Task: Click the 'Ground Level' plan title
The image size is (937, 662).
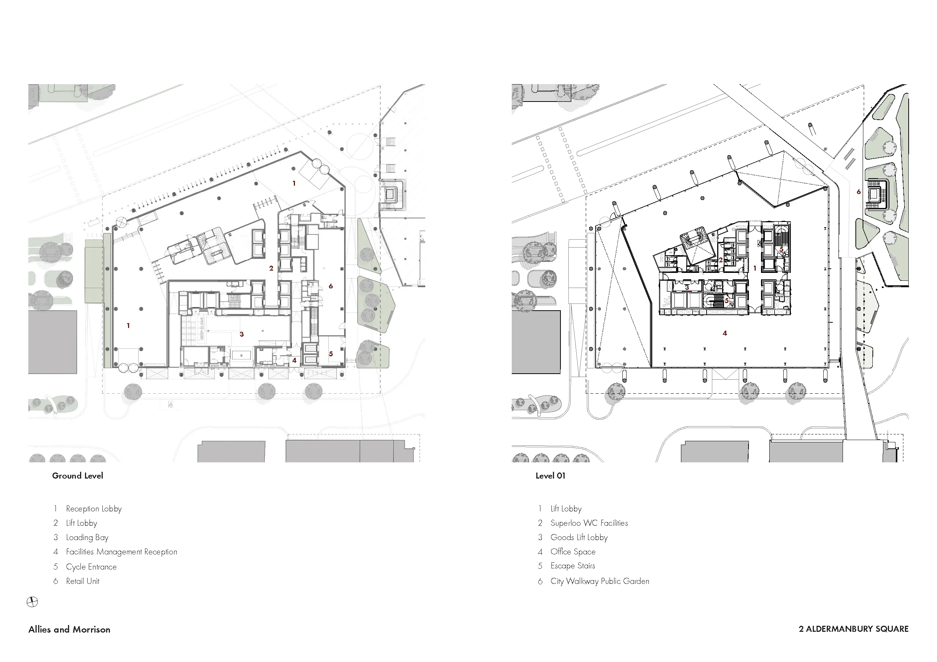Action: pyautogui.click(x=77, y=476)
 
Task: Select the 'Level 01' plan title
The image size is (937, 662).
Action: pyautogui.click(x=550, y=476)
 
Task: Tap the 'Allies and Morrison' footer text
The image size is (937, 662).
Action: pyautogui.click(x=69, y=630)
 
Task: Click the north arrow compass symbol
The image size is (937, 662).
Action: pyautogui.click(x=32, y=602)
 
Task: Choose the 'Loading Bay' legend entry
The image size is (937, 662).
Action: pyautogui.click(x=87, y=537)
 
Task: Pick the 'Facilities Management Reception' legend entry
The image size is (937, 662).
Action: pyautogui.click(x=122, y=552)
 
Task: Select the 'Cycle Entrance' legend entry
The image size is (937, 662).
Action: pyautogui.click(x=91, y=567)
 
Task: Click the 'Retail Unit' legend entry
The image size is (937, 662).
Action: pyautogui.click(x=83, y=581)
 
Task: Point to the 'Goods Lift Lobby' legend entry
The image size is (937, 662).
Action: pyautogui.click(x=579, y=537)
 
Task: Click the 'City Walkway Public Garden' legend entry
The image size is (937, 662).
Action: pyautogui.click(x=600, y=581)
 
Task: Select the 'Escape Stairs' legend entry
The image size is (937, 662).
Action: pyautogui.click(x=573, y=566)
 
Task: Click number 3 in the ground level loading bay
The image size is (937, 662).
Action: pyautogui.click(x=242, y=334)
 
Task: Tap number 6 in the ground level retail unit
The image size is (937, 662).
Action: pyautogui.click(x=330, y=286)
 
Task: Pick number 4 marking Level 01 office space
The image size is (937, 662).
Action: pyautogui.click(x=725, y=333)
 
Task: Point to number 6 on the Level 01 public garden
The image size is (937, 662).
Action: pyautogui.click(x=859, y=192)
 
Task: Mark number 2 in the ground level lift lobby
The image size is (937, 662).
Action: pyautogui.click(x=271, y=268)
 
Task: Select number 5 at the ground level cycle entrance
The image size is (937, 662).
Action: pyautogui.click(x=330, y=354)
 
